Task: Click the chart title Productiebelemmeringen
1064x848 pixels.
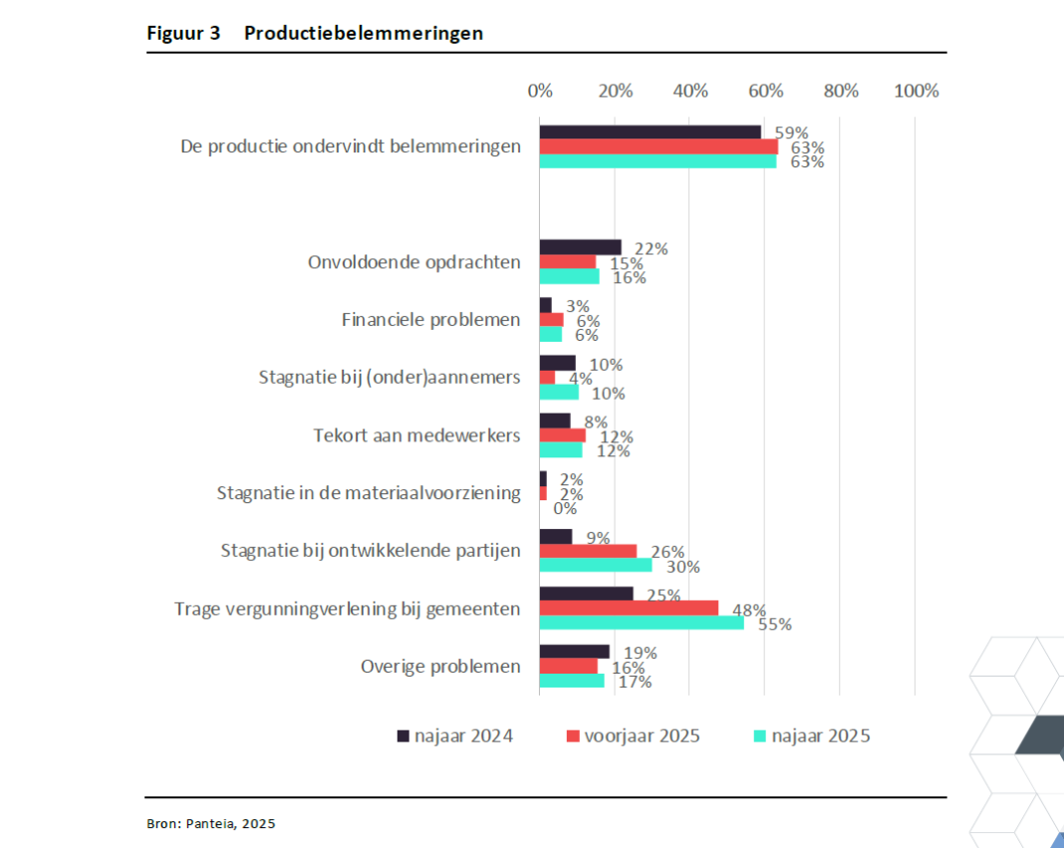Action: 364,33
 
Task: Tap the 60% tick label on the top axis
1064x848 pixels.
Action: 765,91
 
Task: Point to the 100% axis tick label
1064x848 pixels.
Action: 916,91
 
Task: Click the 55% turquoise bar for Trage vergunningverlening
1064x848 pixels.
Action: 642,622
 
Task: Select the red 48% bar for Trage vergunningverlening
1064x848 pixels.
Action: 629,608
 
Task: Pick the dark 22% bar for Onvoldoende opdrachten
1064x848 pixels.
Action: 580,247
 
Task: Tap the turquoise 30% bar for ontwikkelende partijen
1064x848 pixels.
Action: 596,565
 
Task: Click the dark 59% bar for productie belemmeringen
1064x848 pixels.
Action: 650,132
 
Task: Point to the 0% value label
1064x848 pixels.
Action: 566,508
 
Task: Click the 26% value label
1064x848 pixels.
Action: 667,552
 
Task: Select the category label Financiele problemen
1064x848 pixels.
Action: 430,320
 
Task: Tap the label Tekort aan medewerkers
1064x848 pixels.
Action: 416,435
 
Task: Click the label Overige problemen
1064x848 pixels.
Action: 440,667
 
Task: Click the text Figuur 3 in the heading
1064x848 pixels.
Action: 183,33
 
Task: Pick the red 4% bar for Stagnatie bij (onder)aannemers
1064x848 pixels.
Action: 547,378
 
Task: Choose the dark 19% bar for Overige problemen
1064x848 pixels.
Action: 574,652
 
